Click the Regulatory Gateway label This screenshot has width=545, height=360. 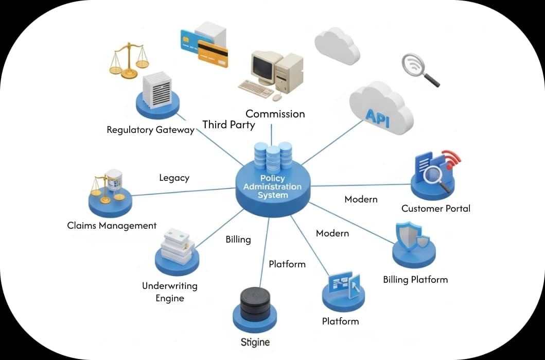pos(150,130)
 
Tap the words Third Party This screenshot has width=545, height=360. pos(228,125)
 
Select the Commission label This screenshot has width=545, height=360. pos(275,114)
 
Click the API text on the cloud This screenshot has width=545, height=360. pos(377,115)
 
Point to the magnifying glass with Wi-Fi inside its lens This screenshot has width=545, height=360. pos(416,67)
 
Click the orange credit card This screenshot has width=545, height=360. pos(213,54)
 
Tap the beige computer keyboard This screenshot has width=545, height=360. pos(256,89)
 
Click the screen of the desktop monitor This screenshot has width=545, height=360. pos(264,66)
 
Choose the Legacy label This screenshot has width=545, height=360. pos(174,178)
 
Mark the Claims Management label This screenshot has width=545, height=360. pos(112,226)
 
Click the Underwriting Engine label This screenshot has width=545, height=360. pos(169,292)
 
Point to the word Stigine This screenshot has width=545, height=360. pos(255,342)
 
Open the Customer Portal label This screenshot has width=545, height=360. pos(436,209)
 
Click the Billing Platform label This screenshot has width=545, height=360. pos(415,280)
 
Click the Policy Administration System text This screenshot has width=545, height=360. pos(273,187)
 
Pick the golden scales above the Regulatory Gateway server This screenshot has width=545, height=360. pos(129,59)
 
